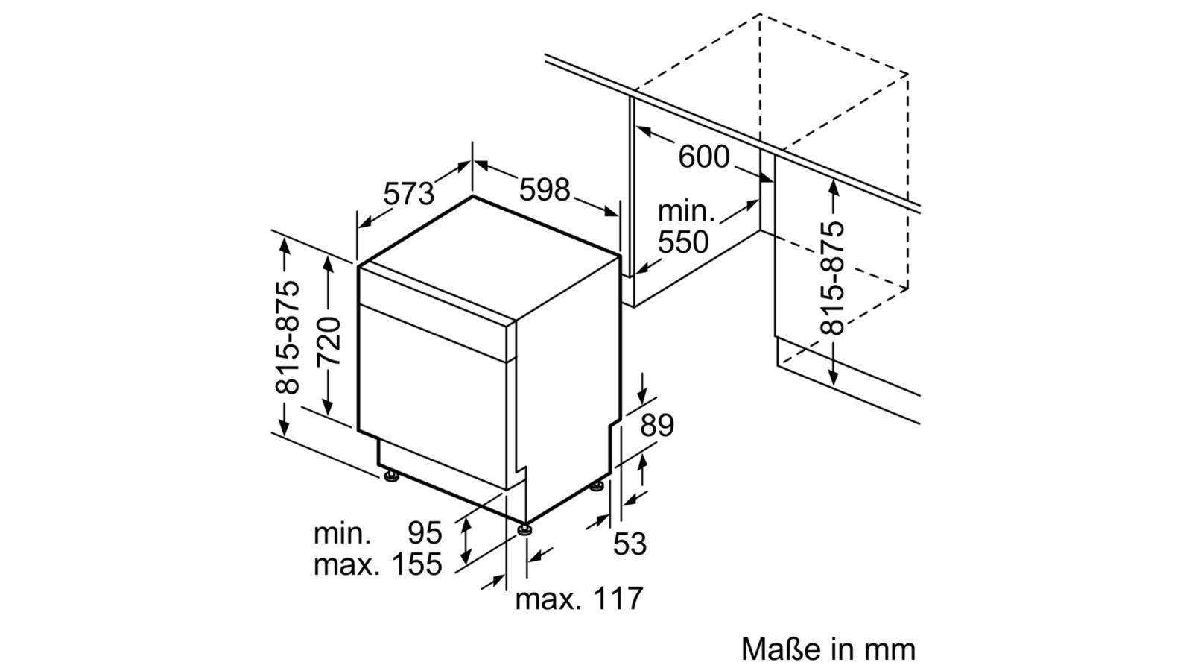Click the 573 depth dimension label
[408, 194]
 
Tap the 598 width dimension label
[544, 189]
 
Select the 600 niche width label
[704, 157]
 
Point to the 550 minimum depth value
[682, 242]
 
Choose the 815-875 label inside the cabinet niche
[833, 277]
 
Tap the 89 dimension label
[656, 425]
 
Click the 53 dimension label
[630, 544]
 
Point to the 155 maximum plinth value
[417, 564]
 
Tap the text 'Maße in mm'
[828, 649]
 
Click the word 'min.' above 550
[686, 212]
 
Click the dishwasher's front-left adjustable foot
[390, 476]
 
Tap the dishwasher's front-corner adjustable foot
[526, 529]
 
